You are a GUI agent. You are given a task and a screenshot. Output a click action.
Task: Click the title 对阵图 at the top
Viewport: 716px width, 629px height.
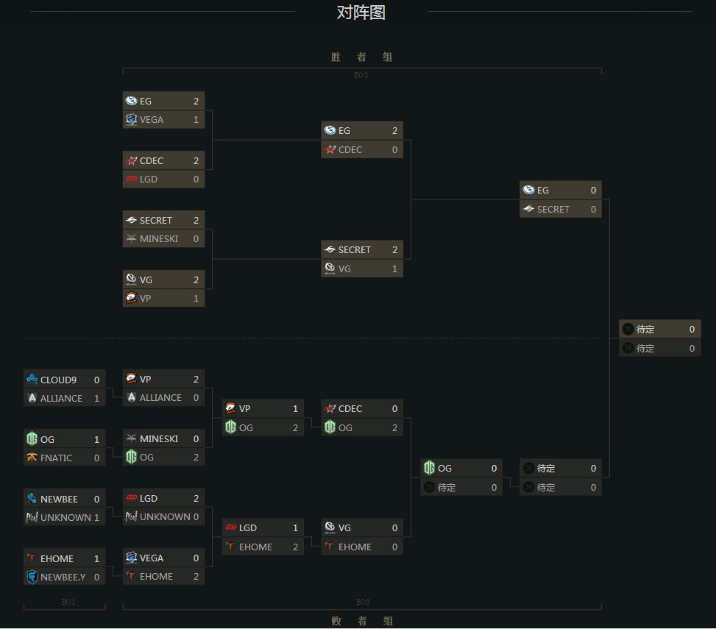361,13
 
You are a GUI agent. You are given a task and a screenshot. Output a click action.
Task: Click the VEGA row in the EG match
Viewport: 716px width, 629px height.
163,119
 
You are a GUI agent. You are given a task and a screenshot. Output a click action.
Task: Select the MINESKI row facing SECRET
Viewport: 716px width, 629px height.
163,238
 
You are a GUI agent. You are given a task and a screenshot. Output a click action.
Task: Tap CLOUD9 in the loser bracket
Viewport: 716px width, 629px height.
64,380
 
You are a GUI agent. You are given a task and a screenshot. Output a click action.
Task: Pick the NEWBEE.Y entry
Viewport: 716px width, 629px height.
64,577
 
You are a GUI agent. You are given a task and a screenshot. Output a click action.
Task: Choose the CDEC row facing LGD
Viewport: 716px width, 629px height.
163,160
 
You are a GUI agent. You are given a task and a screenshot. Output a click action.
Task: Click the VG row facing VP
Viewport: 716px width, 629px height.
163,280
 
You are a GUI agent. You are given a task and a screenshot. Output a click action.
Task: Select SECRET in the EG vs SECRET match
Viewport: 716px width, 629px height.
560,209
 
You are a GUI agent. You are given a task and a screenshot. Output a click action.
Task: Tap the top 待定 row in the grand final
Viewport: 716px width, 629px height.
659,329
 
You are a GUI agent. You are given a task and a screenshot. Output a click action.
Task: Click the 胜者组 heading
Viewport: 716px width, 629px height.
361,57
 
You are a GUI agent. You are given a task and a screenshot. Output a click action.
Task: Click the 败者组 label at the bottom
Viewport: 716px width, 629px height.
361,621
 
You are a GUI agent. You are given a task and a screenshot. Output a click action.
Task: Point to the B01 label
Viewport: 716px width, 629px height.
68,602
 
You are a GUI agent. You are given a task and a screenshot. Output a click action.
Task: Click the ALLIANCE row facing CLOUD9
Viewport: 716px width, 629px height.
64,398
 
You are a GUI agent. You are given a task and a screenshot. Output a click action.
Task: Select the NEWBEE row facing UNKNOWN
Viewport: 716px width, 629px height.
64,499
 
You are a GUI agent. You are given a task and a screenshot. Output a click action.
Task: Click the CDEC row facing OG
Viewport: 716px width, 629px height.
361,408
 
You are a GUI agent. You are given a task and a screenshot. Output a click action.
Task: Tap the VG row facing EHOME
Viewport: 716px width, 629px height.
361,527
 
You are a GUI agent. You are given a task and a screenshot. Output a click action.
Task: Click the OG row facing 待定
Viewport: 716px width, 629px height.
461,468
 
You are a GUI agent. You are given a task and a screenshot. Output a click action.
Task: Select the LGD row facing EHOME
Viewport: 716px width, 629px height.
263,527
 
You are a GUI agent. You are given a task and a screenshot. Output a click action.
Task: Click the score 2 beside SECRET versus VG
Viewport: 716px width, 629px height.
394,249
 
